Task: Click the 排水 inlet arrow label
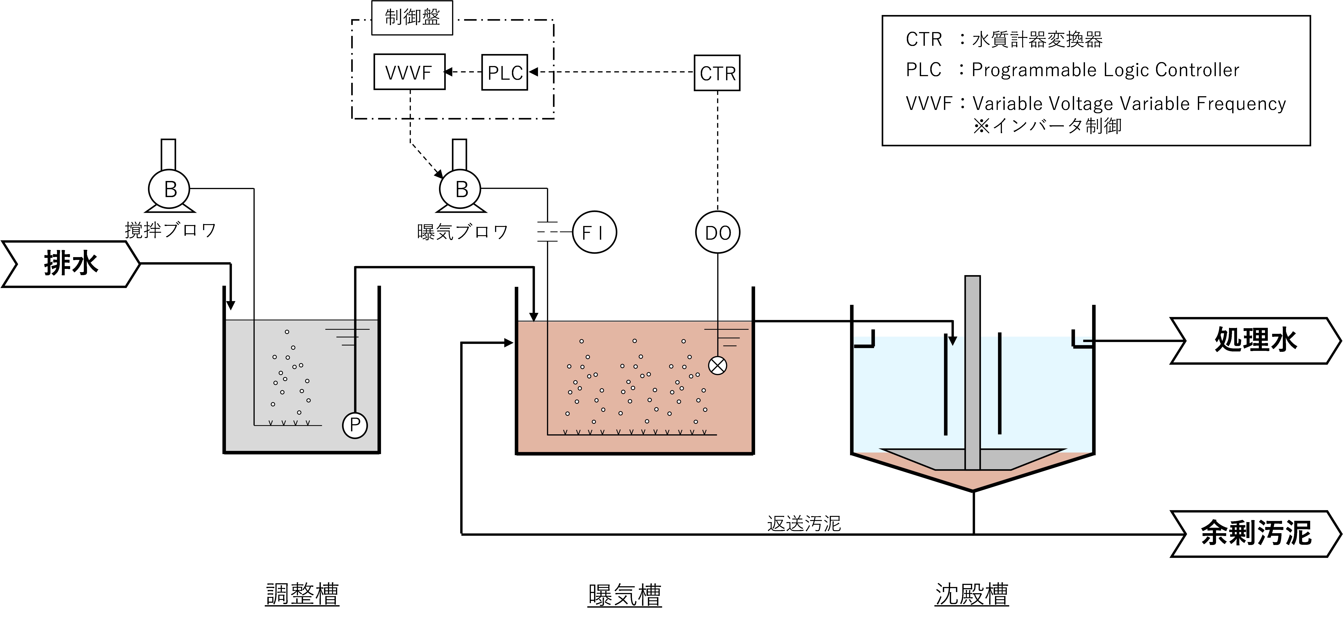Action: pos(71,264)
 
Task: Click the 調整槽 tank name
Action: pos(302,594)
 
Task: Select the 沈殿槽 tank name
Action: pos(972,594)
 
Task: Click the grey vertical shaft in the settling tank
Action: pos(972,373)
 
